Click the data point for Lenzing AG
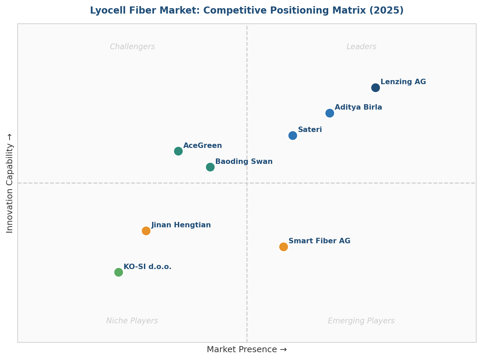(375, 88)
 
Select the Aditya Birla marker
(330, 113)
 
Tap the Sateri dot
(293, 135)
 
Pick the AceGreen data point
(178, 151)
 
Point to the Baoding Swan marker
(210, 167)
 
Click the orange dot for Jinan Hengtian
(146, 231)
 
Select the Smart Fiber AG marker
(283, 247)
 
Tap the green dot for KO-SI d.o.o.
(118, 272)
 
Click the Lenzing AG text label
(403, 82)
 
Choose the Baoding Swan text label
(244, 162)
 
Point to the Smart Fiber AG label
(319, 241)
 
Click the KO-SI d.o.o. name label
(147, 267)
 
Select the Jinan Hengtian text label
(181, 225)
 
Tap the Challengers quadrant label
(132, 47)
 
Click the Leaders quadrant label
(361, 47)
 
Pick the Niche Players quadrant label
(132, 321)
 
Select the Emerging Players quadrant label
(361, 321)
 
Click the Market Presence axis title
(247, 349)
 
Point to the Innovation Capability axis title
(10, 183)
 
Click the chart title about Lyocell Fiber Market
(247, 11)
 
